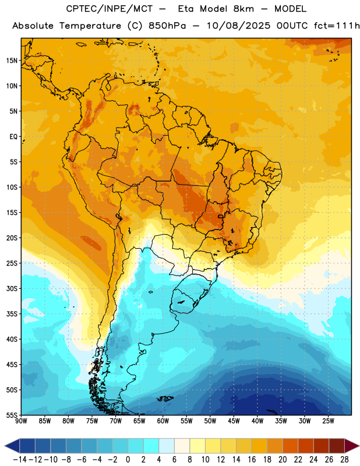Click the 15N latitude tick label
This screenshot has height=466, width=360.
(x=12, y=61)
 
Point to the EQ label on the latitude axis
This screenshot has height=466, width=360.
(x=13, y=137)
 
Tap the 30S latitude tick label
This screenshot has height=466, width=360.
(x=12, y=288)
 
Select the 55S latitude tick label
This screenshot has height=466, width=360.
(x=12, y=415)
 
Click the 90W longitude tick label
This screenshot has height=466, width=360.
(x=21, y=421)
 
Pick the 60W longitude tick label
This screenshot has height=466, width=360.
(x=163, y=421)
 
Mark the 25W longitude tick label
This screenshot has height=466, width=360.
(x=328, y=421)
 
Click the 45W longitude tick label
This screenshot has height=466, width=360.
(x=234, y=421)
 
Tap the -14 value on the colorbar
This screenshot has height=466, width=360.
(x=20, y=460)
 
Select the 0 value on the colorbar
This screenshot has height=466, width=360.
(x=128, y=460)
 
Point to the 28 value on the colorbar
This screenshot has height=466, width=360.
(x=344, y=460)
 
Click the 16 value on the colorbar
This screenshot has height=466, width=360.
(x=252, y=460)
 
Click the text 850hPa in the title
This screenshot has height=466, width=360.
(x=167, y=26)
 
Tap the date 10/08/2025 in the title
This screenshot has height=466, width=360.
(x=239, y=26)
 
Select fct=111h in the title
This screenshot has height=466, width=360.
(x=337, y=26)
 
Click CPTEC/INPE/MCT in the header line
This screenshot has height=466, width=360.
(x=109, y=9)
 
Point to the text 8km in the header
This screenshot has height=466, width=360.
(x=243, y=9)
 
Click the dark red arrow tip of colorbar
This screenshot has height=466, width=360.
(x=352, y=446)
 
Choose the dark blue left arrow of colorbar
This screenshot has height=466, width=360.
(x=12, y=446)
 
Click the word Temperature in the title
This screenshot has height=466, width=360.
(x=90, y=26)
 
